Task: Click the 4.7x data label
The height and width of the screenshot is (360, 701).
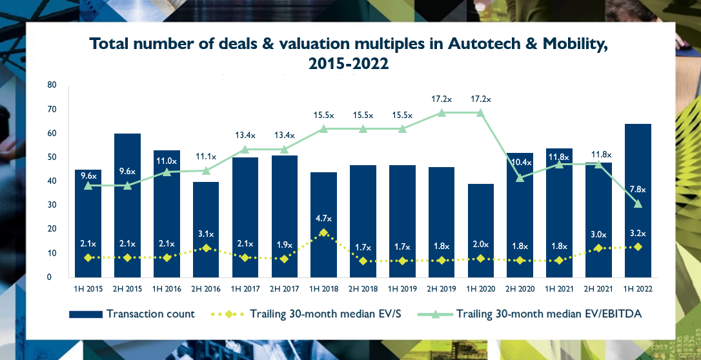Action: click(323, 217)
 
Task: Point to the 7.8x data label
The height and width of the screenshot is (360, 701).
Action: click(638, 188)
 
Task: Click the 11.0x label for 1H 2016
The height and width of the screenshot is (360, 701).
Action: click(167, 161)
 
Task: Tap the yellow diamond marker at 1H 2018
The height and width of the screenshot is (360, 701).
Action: click(323, 233)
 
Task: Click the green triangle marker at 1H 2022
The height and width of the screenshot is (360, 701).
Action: click(638, 204)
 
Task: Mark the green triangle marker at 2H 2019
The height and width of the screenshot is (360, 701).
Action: click(442, 112)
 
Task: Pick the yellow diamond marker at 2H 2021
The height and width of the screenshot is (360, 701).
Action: click(598, 248)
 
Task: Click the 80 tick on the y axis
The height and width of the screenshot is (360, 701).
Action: click(52, 85)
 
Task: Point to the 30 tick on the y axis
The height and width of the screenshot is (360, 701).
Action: click(52, 205)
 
